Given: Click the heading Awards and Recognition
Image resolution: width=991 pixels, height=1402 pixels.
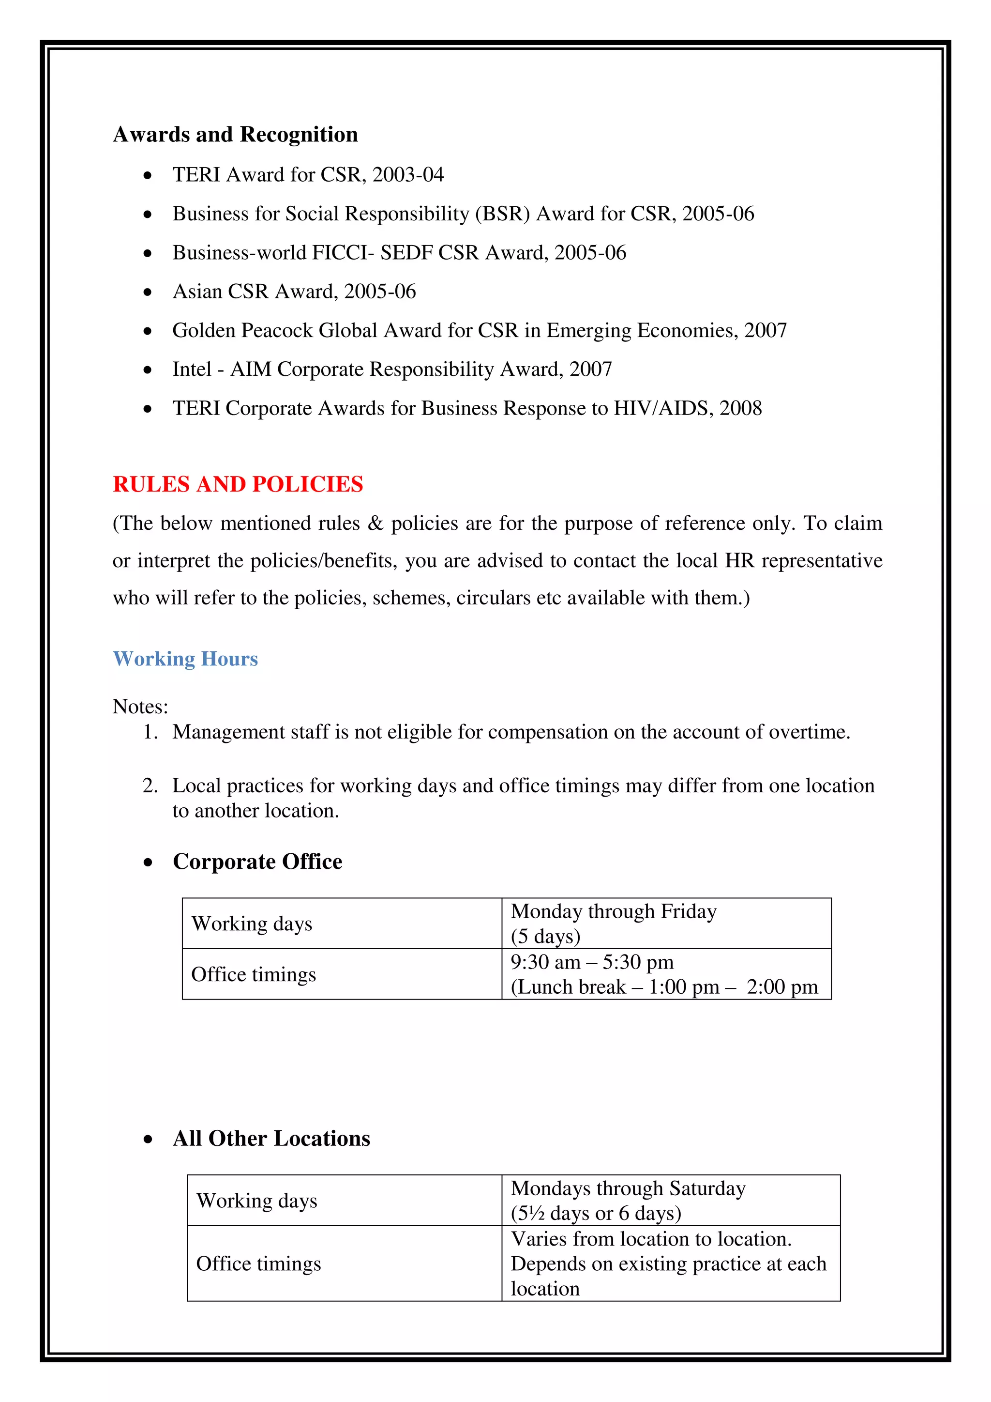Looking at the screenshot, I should coord(235,134).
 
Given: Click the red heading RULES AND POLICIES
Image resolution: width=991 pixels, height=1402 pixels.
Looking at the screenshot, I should coord(238,484).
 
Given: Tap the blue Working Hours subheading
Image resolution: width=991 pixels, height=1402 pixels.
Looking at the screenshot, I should coord(185,659).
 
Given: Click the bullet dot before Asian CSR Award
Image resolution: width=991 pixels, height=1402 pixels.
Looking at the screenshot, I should coord(147,293).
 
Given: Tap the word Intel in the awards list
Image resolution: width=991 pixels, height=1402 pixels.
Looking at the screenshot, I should coord(192,370).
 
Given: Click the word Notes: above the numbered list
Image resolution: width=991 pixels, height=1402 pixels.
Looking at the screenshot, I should coord(140,707).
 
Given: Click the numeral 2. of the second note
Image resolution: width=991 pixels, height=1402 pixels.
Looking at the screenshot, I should coord(150,786).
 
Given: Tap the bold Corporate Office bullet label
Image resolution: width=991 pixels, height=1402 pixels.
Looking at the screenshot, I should coord(257,862).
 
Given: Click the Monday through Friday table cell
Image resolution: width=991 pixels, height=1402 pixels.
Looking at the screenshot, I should coord(613,912).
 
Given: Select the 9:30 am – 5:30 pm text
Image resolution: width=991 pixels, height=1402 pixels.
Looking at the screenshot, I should coord(592,962).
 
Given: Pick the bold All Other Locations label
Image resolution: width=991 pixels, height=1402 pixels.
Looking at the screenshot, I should coord(271,1139).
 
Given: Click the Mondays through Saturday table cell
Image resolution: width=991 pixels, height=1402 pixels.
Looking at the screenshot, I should coord(628,1189).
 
